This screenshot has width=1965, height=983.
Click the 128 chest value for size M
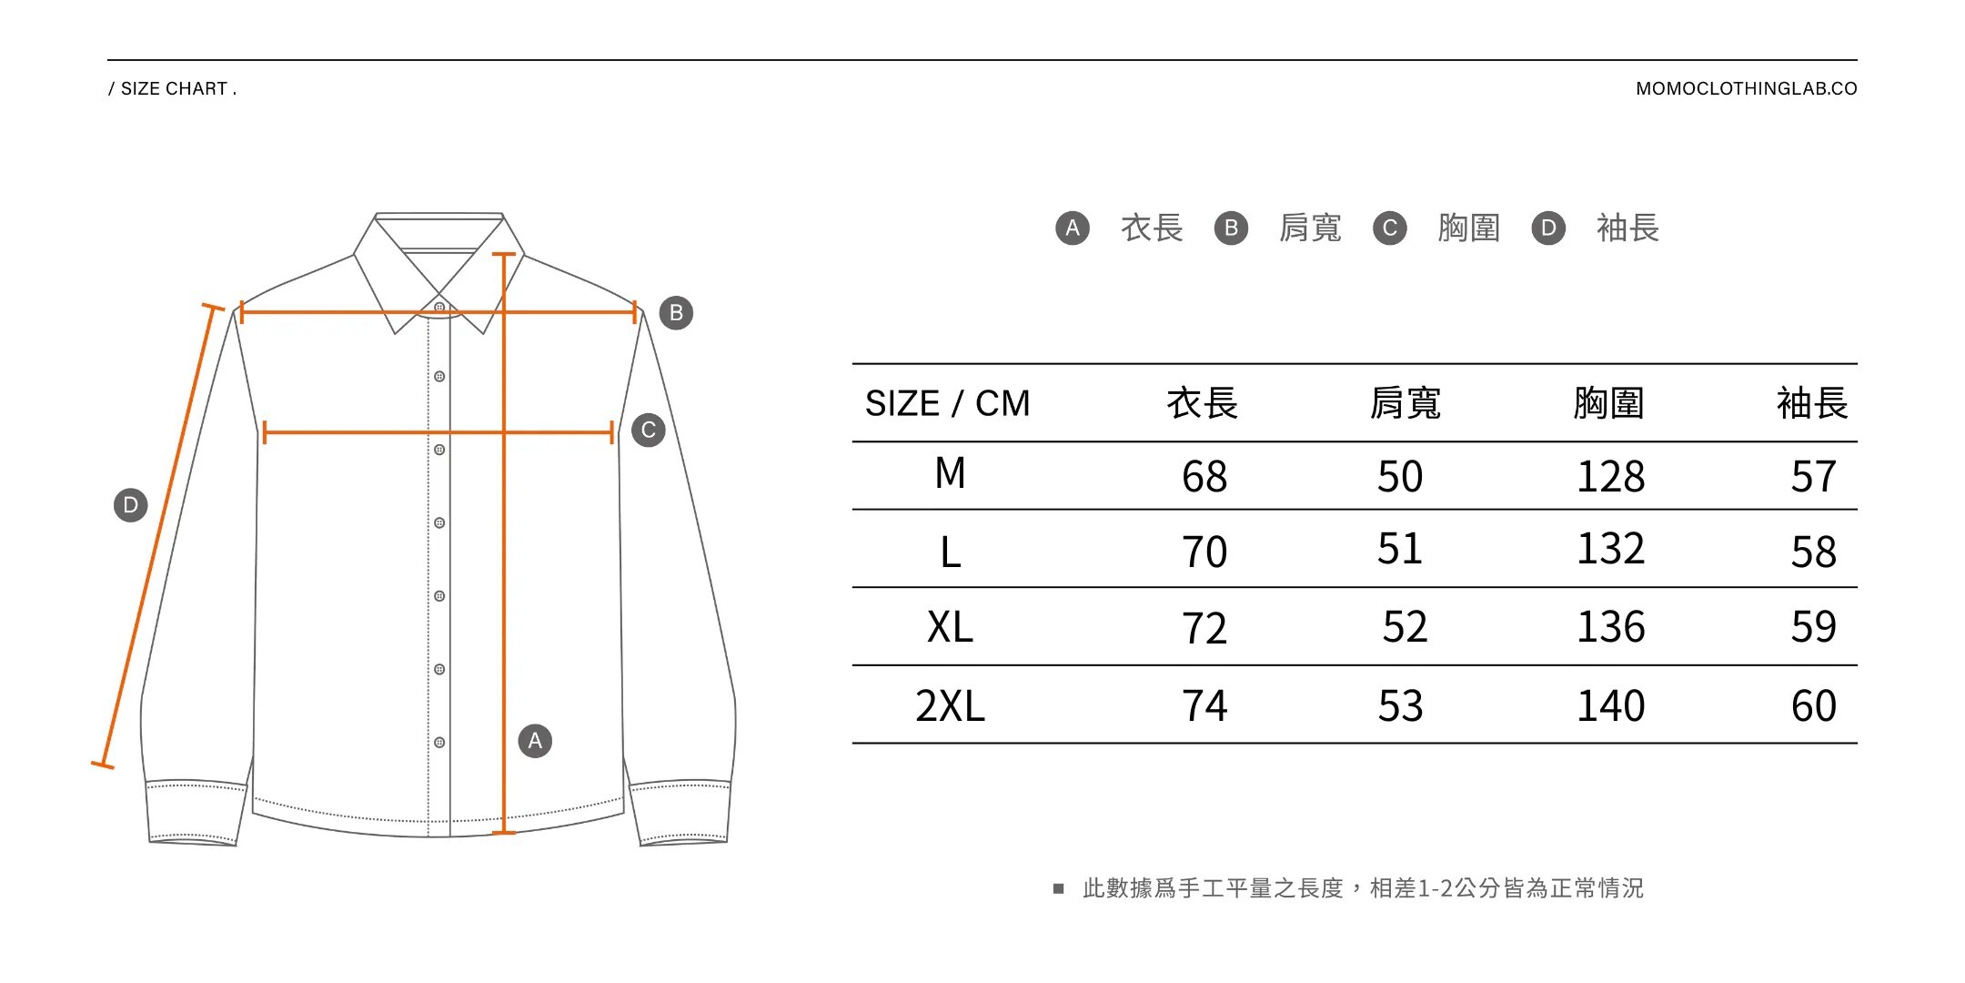tap(1610, 476)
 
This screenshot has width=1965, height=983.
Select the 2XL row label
tap(950, 705)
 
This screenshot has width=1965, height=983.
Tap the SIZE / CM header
tap(947, 403)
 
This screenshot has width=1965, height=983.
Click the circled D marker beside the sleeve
tap(130, 505)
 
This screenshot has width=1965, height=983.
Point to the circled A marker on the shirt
tap(535, 741)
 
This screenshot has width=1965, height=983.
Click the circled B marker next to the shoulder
tap(676, 313)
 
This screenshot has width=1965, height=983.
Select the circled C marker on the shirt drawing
tap(649, 431)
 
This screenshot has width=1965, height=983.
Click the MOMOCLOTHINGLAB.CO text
tap(1746, 89)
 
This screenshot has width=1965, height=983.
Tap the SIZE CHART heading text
tap(173, 89)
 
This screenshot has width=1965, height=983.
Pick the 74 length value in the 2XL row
tap(1204, 705)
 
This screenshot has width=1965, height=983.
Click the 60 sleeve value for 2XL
tap(1813, 705)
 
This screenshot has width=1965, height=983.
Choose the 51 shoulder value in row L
tap(1399, 549)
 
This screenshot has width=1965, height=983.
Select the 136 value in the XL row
tap(1610, 627)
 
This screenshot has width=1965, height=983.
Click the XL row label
tap(950, 627)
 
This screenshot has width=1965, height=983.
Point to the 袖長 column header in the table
tap(1812, 403)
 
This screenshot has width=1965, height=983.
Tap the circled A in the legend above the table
tap(1073, 228)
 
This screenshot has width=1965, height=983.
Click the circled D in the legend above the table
tap(1548, 228)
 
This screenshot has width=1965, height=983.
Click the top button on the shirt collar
tap(439, 308)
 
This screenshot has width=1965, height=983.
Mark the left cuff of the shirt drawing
tap(195, 813)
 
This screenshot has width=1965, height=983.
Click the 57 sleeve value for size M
tap(1813, 476)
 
